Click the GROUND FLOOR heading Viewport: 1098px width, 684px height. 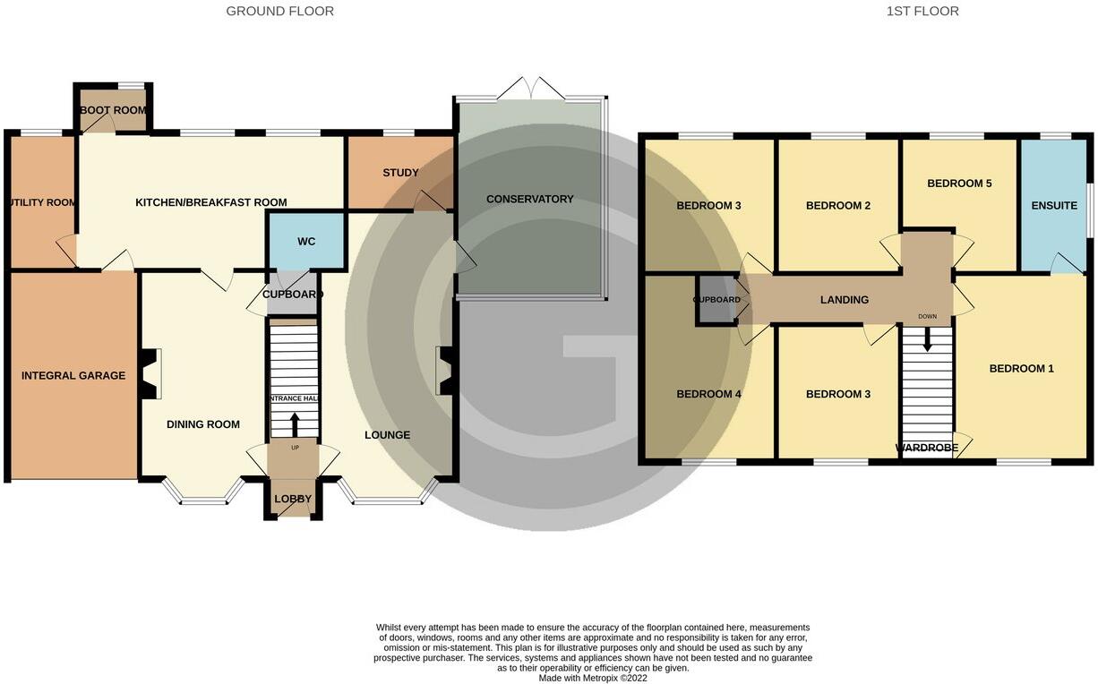point(279,12)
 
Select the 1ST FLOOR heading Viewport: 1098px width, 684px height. point(922,12)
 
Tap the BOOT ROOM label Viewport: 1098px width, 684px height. point(113,110)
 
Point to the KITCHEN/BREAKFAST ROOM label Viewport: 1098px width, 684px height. point(211,202)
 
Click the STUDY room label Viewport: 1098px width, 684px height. point(400,173)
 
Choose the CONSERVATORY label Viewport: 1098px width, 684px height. point(529,199)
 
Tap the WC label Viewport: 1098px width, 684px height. point(306,242)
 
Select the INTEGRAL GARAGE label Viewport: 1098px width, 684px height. point(73,375)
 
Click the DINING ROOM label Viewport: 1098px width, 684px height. point(203,424)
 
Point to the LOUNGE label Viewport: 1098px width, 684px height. point(387,435)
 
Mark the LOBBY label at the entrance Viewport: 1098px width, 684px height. point(293,499)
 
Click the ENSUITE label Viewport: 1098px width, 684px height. point(1054,206)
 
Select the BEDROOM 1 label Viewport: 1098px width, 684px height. point(1021,368)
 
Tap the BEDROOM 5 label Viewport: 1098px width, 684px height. point(959,184)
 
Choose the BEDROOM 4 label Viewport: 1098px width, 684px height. point(709,394)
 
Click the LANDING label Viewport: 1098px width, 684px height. point(845,300)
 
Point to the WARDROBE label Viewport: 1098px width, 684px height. point(927,448)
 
